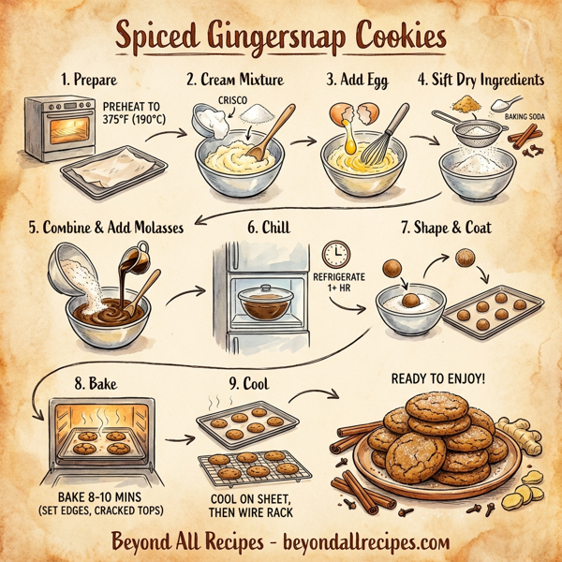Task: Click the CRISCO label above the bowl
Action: coord(231,97)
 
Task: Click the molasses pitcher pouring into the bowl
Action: coord(136,258)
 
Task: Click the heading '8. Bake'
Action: coord(107,383)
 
